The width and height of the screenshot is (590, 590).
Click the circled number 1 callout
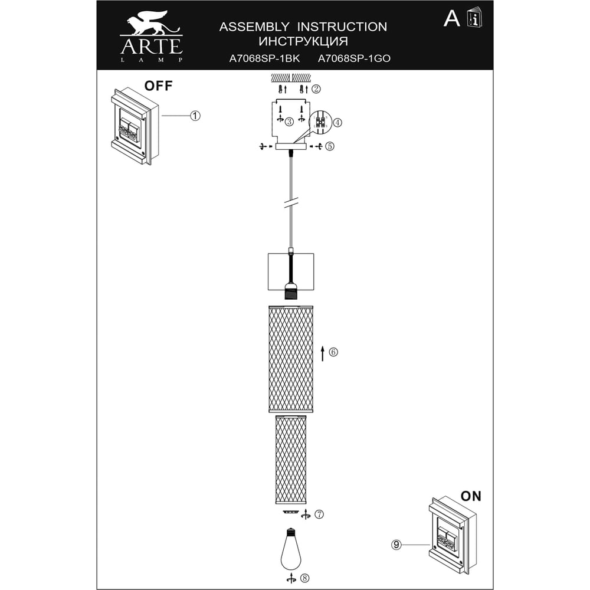pyautogui.click(x=195, y=116)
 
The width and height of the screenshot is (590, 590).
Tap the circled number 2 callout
pyautogui.click(x=316, y=89)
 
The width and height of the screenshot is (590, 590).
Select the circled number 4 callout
pyautogui.click(x=337, y=122)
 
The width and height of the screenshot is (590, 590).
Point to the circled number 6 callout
pyautogui.click(x=333, y=352)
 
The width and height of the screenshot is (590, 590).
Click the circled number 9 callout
pyautogui.click(x=396, y=545)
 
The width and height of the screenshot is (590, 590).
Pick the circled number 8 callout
pyautogui.click(x=305, y=578)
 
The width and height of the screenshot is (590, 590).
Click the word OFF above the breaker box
pyautogui.click(x=158, y=86)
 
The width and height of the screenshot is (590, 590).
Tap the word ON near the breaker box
pyautogui.click(x=471, y=496)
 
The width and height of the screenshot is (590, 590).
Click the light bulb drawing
pyautogui.click(x=290, y=550)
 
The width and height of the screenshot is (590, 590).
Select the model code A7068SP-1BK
pyautogui.click(x=264, y=58)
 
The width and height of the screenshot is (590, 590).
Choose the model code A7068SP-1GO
pyautogui.click(x=354, y=58)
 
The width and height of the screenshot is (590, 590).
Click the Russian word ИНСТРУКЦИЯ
pyautogui.click(x=303, y=41)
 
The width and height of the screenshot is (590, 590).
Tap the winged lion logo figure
pyautogui.click(x=152, y=24)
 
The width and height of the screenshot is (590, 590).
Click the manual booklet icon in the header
pyautogui.click(x=474, y=18)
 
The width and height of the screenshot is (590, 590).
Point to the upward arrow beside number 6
pyautogui.click(x=323, y=353)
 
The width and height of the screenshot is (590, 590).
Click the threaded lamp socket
pyautogui.click(x=290, y=291)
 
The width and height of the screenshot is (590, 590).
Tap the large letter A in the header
pyautogui.click(x=451, y=18)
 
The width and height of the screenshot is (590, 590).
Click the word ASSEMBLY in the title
pyautogui.click(x=254, y=27)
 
